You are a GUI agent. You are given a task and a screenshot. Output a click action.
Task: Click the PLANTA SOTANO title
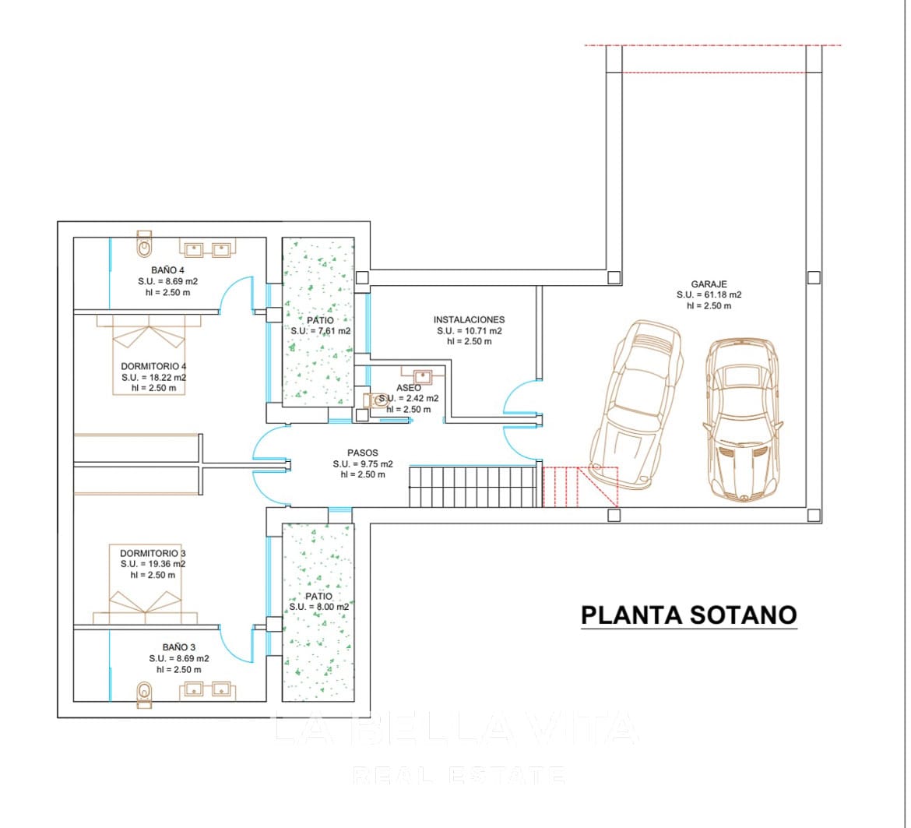coord(689,615)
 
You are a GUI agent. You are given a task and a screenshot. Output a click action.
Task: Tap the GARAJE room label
coord(709,284)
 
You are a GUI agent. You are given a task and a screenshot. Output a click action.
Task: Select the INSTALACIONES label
coord(469,319)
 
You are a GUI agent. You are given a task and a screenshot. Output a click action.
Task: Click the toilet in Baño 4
coord(144,244)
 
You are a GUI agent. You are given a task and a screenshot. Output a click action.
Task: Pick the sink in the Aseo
coord(422,376)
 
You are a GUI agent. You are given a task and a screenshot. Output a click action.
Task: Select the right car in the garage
coord(744,418)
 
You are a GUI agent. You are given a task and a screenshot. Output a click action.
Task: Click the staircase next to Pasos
coord(473,486)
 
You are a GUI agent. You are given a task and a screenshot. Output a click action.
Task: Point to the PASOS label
coord(363,453)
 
